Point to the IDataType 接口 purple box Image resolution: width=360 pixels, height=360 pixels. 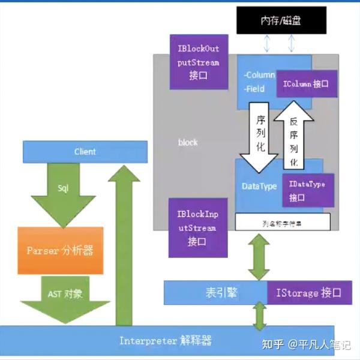coord(307,190)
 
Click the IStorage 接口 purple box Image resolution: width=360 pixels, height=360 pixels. coord(308,293)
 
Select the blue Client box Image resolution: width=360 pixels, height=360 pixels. coord(85,152)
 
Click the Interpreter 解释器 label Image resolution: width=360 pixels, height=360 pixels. coord(165,341)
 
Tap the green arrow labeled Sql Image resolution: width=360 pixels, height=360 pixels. coord(63,193)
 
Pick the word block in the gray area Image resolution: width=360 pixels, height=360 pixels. coord(188,143)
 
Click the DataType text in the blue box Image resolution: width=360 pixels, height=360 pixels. coord(259,187)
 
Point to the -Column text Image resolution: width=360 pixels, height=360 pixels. coord(259,76)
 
